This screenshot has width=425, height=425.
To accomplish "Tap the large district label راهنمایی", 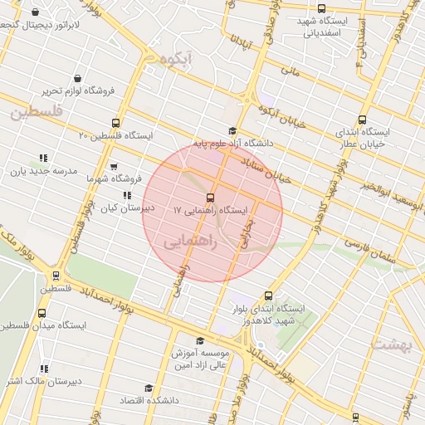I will click(x=191, y=242).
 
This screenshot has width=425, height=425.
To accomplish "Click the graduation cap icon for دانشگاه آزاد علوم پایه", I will click(x=232, y=130).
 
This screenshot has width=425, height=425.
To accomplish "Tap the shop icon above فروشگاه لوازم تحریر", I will click(x=77, y=77).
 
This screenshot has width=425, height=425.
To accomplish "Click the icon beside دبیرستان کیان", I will click(x=126, y=196).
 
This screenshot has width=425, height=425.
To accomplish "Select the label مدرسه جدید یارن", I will click(x=43, y=172).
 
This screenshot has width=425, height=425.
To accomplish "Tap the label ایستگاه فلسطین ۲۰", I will click(x=115, y=135).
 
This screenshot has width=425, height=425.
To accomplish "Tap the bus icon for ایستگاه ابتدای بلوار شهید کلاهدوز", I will click(x=267, y=296).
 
